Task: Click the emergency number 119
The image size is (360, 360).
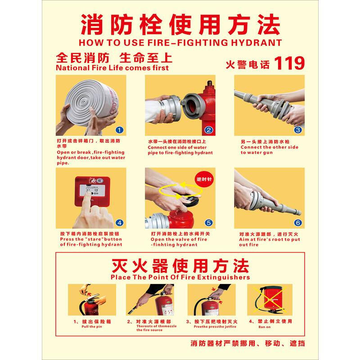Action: pos(289,63)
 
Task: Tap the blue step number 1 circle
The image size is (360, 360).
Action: pos(119,130)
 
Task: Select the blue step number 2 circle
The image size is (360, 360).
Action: pos(208,130)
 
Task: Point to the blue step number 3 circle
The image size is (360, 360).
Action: pos(297,130)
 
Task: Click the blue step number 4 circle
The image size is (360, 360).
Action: pos(119,222)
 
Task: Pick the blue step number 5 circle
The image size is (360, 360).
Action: pos(208,222)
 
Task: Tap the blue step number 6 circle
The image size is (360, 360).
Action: pos(297,222)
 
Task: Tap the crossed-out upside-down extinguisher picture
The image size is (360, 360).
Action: pos(269,299)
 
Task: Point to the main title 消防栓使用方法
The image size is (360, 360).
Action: pos(180,25)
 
